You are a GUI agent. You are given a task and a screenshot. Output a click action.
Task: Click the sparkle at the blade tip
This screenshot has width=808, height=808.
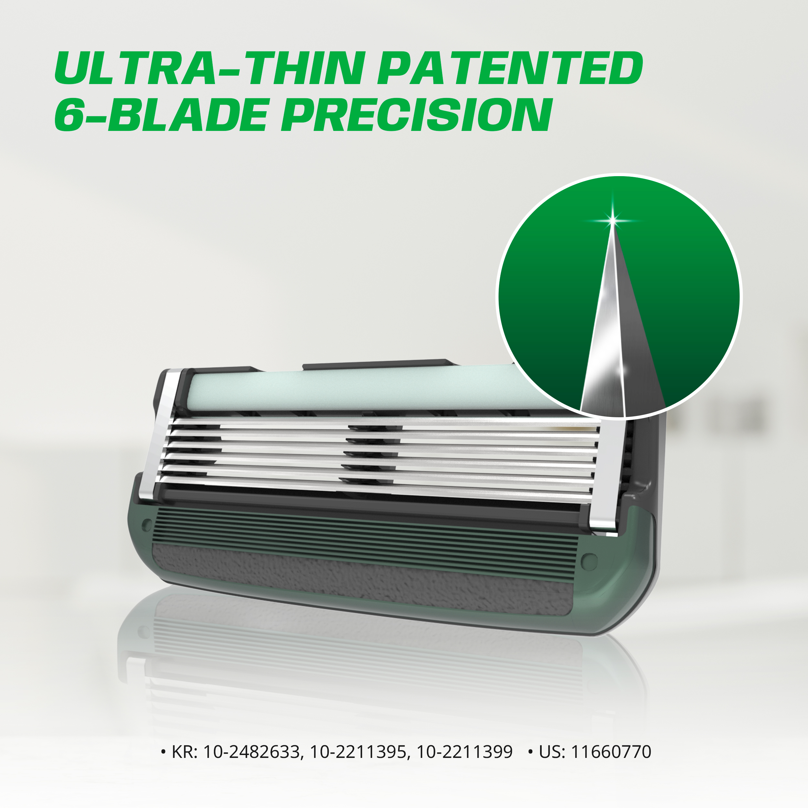(x=613, y=220)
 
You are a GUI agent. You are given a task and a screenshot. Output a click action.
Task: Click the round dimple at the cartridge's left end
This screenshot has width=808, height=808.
(x=147, y=525)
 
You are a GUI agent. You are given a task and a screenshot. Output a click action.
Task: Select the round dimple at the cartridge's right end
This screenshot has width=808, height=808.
(x=589, y=561)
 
